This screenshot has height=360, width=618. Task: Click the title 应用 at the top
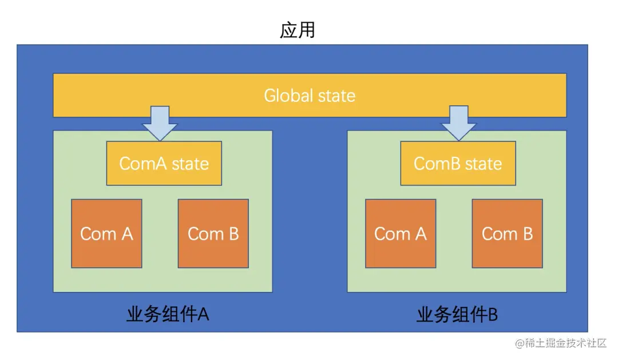[x=297, y=29]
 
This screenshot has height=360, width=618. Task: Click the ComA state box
[x=164, y=164]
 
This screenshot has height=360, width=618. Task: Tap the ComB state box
[x=458, y=164]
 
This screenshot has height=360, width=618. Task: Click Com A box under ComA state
[x=106, y=234]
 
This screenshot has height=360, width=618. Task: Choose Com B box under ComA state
[x=213, y=234]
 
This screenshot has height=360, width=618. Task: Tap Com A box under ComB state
[x=401, y=234]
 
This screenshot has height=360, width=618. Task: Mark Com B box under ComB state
[x=507, y=234]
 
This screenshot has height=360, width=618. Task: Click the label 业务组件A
[x=167, y=314]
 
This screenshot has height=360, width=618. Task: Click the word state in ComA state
[x=191, y=164]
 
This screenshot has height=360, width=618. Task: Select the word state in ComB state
[x=484, y=164]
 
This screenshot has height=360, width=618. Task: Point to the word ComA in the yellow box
[x=143, y=164]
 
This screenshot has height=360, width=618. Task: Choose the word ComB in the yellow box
[x=437, y=164]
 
